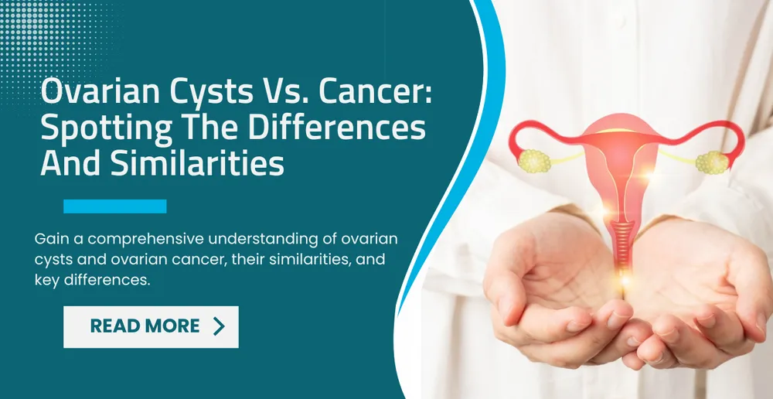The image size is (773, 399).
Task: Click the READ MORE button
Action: click(151, 326)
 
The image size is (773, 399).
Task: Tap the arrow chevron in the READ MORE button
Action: click(219, 326)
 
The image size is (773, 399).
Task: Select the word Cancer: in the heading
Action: click(376, 94)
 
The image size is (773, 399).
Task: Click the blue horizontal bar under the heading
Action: click(114, 206)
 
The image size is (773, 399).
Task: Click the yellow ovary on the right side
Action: click(709, 162)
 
